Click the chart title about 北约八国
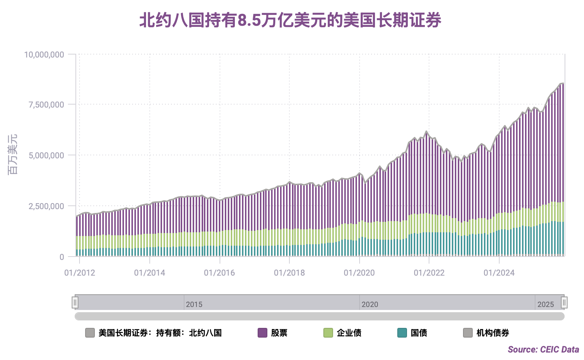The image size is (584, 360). (291, 20)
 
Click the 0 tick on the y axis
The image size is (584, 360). (62, 257)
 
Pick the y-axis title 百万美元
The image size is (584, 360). (13, 155)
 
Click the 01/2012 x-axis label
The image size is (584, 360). (80, 273)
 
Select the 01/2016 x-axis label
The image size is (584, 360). (220, 273)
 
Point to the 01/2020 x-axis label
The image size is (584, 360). (359, 273)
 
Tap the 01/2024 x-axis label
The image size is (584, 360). (499, 273)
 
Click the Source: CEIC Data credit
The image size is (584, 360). (543, 350)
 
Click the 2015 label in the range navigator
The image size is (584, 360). (194, 304)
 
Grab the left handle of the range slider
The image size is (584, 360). (75, 302)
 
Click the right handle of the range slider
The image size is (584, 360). (564, 302)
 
